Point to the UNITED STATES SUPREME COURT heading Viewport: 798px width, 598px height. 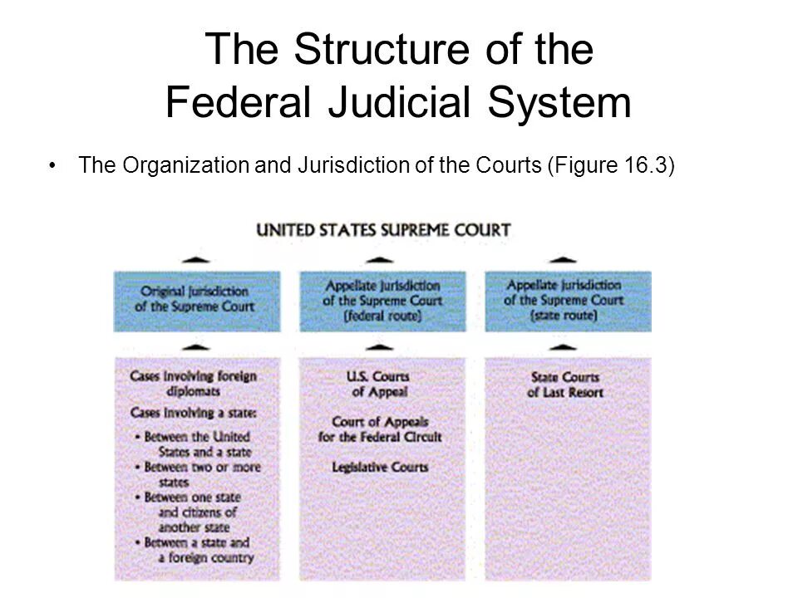point(383,230)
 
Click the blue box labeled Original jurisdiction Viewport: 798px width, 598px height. point(197,300)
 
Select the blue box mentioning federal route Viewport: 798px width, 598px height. point(382,300)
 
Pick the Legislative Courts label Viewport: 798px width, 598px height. point(380,468)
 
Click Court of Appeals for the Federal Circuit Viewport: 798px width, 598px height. point(380,429)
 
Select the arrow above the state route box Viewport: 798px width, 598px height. point(563,260)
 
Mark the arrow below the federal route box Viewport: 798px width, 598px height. point(380,346)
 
